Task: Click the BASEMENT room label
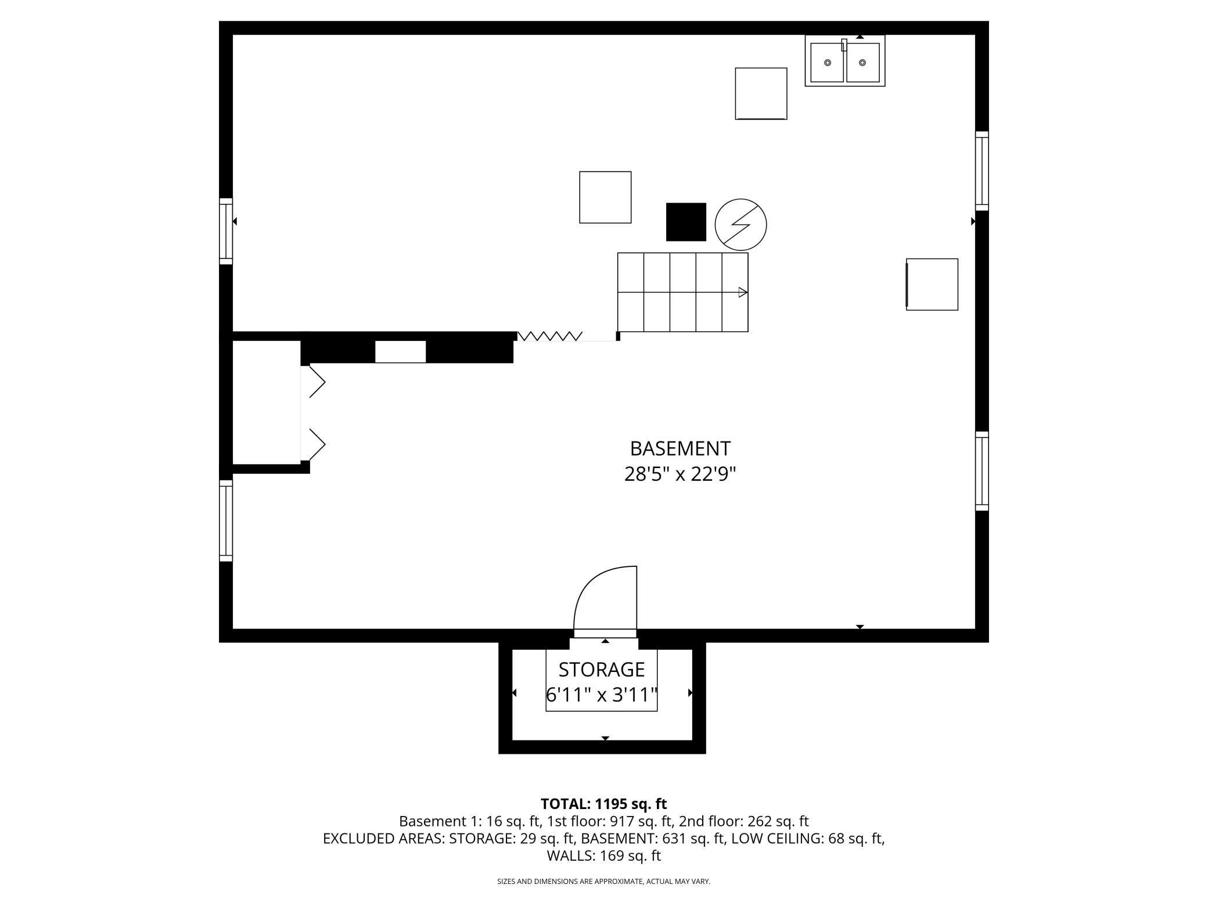click(680, 448)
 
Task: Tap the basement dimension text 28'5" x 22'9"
click(680, 474)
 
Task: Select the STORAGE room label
click(601, 670)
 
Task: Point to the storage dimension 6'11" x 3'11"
click(601, 695)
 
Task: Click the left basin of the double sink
click(827, 62)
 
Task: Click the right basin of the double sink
click(862, 62)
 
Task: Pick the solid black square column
click(686, 222)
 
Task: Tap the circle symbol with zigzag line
click(740, 224)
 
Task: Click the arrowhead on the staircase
click(742, 292)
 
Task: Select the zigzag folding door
click(549, 336)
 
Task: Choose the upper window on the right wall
click(982, 171)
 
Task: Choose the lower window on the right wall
click(982, 471)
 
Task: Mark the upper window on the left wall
click(226, 231)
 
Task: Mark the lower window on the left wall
click(226, 520)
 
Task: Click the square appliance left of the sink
click(761, 94)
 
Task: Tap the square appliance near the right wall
click(932, 285)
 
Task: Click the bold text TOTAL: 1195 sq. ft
click(603, 804)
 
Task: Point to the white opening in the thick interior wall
click(400, 352)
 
